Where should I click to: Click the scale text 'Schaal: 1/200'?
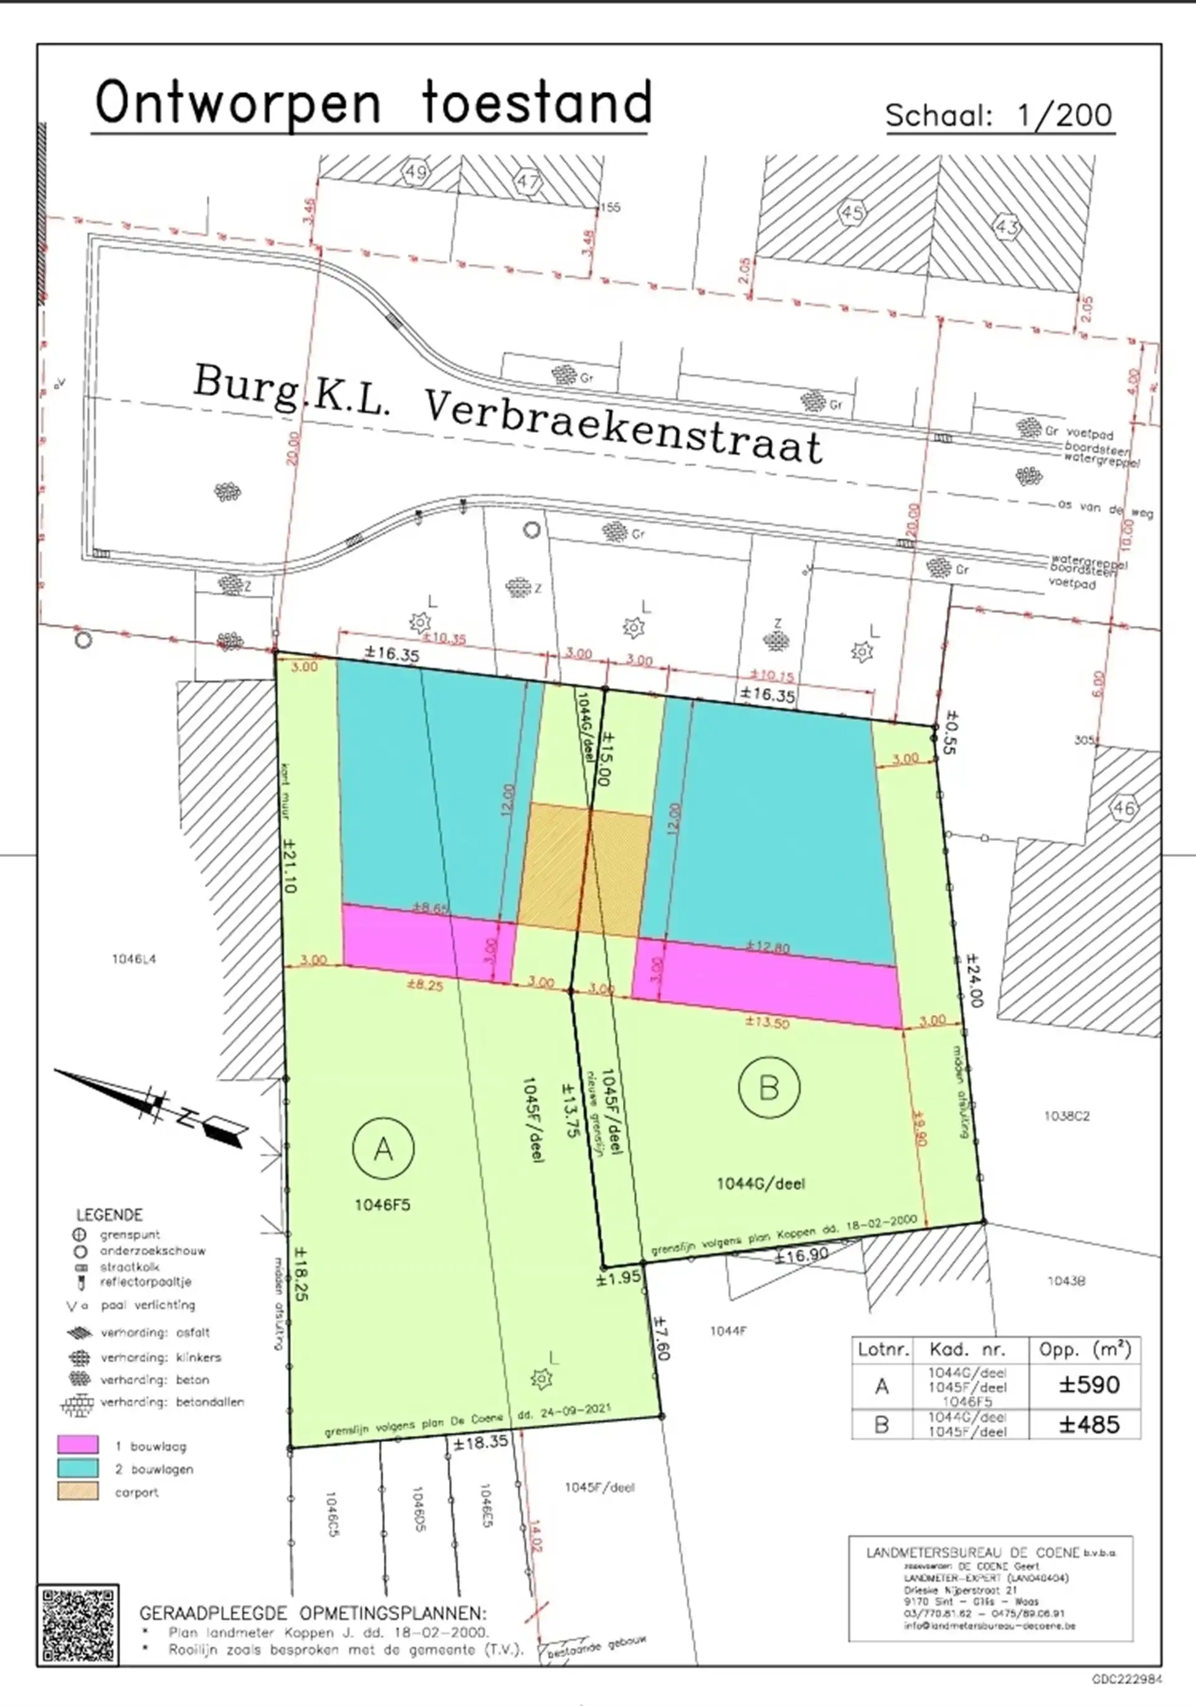pyautogui.click(x=999, y=115)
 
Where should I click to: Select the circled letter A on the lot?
pyautogui.click(x=384, y=1149)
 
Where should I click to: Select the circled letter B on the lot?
pyautogui.click(x=769, y=1088)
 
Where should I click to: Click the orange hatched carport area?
pyautogui.click(x=584, y=870)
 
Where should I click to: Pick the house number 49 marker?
pyautogui.click(x=415, y=173)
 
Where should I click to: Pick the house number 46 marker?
pyautogui.click(x=1124, y=808)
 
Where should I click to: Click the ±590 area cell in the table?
pyautogui.click(x=1089, y=1385)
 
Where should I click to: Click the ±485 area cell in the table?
pyautogui.click(x=1089, y=1424)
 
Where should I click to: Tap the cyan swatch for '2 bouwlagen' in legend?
pyautogui.click(x=78, y=1467)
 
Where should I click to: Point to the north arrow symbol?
pyautogui.click(x=153, y=1106)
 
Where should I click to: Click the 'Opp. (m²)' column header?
pyautogui.click(x=1084, y=1349)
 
